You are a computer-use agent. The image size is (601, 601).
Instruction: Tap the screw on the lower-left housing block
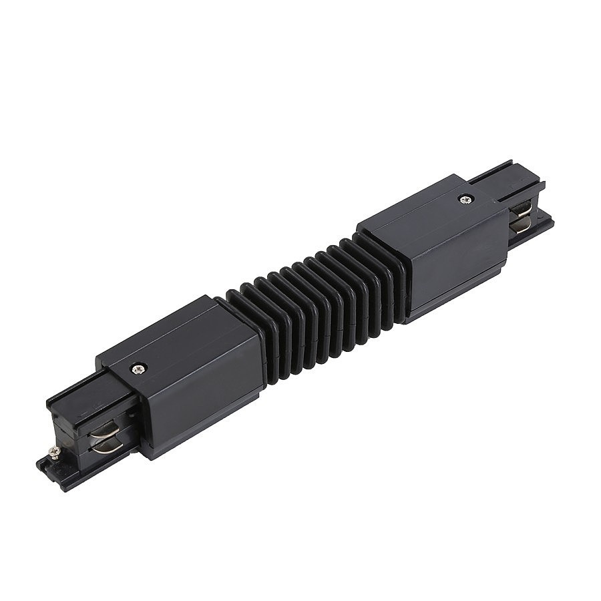coord(138,366)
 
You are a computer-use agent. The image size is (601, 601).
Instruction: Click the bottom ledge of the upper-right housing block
coord(454,304)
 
